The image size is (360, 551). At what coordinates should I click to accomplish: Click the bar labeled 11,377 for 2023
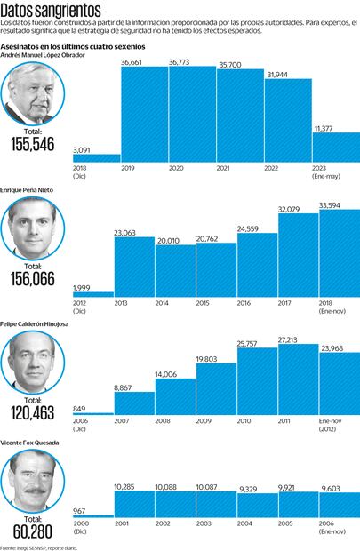(x=335, y=147)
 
